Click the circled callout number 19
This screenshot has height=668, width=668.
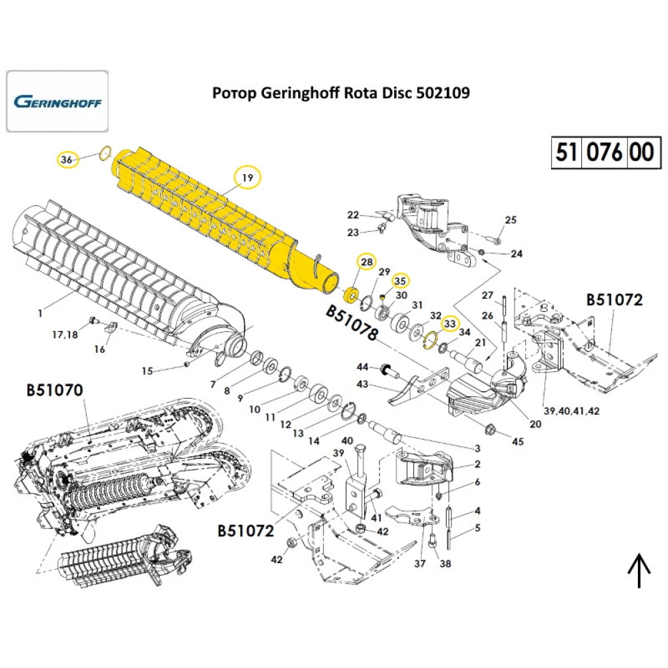pos(247,178)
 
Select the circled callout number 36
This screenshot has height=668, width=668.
pos(65,160)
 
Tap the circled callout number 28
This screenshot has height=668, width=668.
pos(366,263)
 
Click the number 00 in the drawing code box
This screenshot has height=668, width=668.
pos(642,152)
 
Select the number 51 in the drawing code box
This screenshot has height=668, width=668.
pos(566,152)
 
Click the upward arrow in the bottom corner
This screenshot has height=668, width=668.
pos(639,571)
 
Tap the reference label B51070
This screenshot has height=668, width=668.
pos(55,389)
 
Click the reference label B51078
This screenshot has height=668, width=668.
pos(352,324)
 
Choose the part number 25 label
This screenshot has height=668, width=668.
pos(510,220)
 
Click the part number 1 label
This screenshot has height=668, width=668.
pos(40,313)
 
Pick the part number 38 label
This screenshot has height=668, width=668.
pos(445,564)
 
